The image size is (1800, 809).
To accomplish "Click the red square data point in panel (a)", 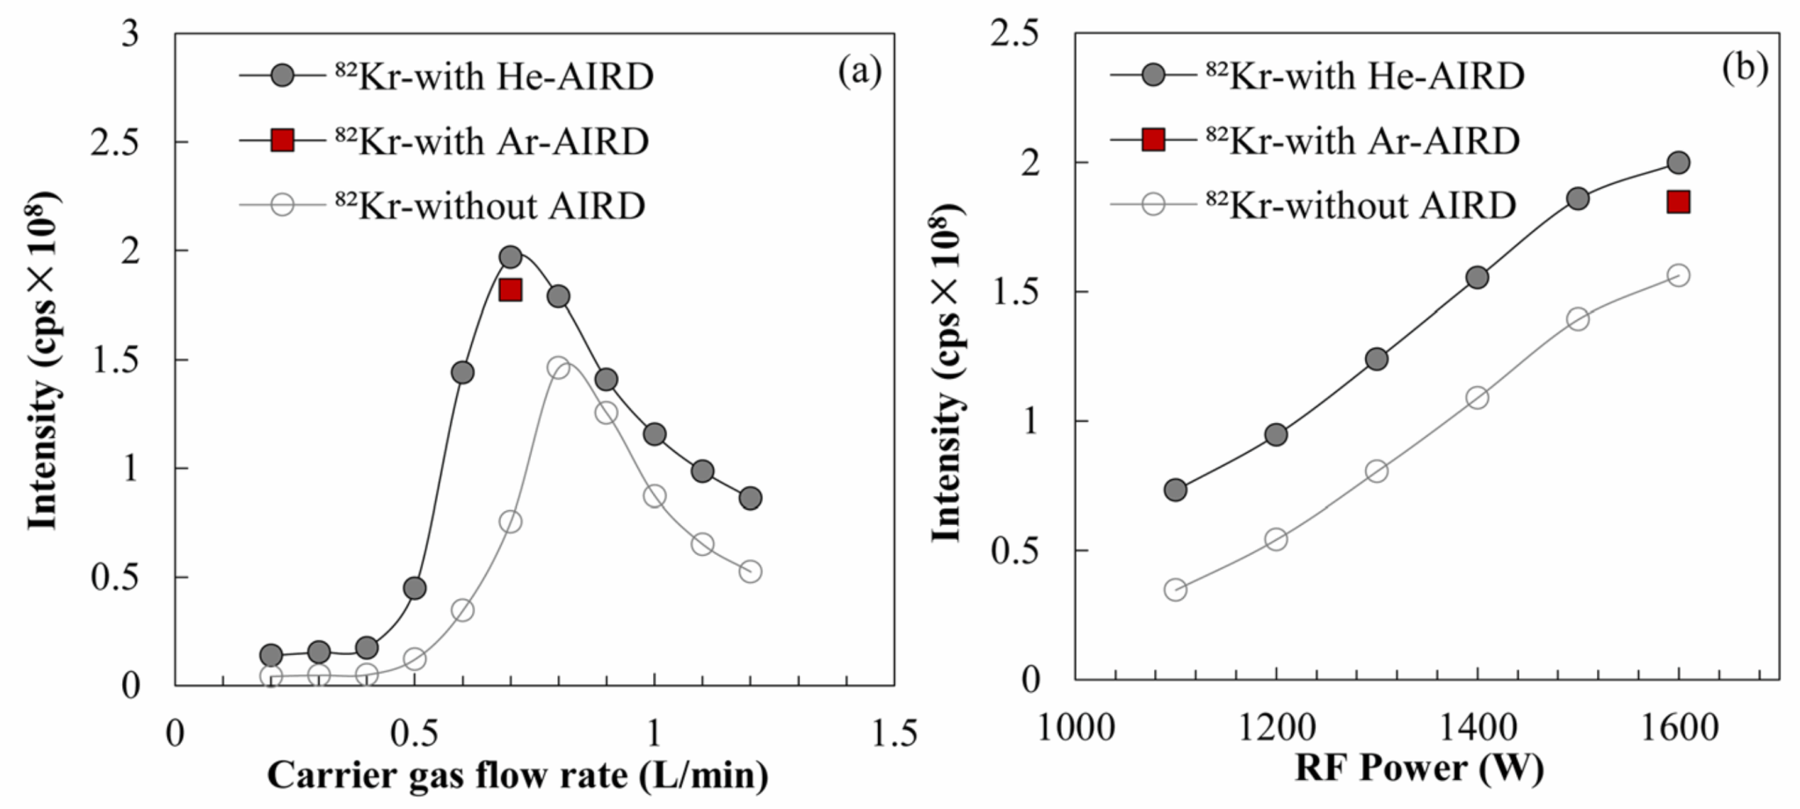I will [510, 290].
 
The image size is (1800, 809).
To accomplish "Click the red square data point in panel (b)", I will [1678, 202].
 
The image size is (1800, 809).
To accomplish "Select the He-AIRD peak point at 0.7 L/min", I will [511, 257].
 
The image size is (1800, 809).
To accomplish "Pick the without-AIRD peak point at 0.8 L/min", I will [558, 368].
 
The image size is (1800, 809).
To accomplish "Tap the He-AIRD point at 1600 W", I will [1678, 163].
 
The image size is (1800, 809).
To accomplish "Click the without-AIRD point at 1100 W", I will [1175, 589].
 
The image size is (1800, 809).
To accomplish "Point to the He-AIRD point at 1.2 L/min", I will [750, 499].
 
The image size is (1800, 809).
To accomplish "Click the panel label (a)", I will [859, 70].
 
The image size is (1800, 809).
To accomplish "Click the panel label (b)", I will [1744, 69].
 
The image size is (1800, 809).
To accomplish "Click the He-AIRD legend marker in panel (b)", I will [1153, 77].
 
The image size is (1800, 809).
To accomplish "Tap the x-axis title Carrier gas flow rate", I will [518, 776].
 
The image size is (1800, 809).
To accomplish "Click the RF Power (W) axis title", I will [1419, 769].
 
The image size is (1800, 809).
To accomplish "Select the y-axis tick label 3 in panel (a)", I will [132, 34].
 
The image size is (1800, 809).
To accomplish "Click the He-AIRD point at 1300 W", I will [1376, 359].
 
